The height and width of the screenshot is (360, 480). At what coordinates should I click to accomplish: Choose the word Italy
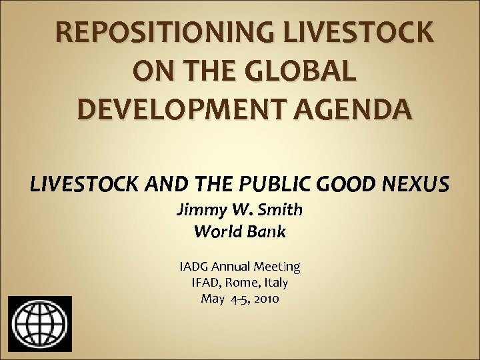(x=276, y=283)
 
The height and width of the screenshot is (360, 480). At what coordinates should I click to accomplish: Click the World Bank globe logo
(x=39, y=326)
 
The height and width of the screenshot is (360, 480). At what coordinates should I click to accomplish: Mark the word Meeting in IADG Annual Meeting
(x=278, y=267)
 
